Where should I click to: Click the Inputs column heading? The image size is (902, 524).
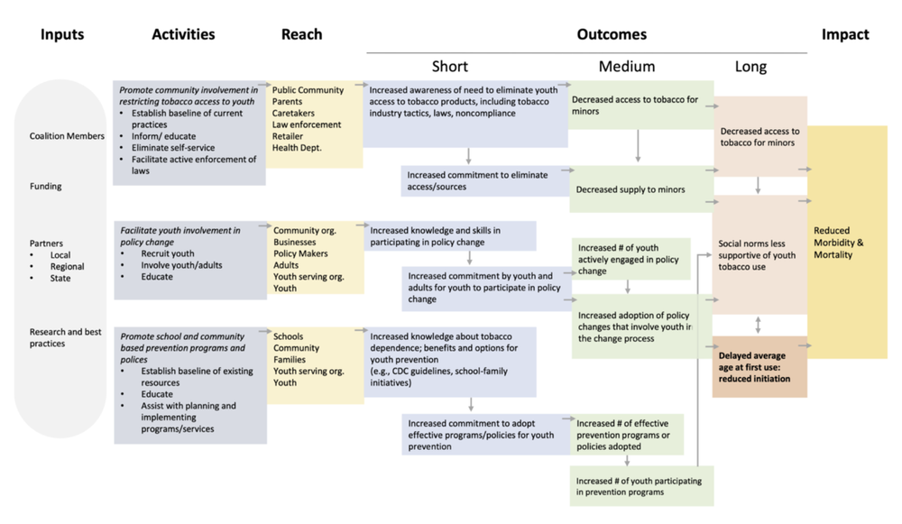click(x=62, y=34)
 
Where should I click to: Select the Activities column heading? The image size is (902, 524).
click(x=183, y=34)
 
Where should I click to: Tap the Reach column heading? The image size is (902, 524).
click(x=301, y=34)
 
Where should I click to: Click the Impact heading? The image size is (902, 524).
click(x=845, y=34)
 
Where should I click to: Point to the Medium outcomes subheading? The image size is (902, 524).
click(x=627, y=67)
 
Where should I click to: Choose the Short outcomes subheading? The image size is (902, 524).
click(x=450, y=67)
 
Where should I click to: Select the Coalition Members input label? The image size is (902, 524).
click(x=66, y=136)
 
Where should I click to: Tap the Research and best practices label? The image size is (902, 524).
click(x=65, y=337)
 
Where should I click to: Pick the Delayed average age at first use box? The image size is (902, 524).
click(x=758, y=367)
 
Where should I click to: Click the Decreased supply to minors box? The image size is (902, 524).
click(x=630, y=189)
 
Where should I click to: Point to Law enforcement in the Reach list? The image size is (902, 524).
click(x=307, y=124)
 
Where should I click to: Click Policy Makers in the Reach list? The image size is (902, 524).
click(x=300, y=253)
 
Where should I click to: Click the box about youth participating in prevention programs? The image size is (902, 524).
click(x=640, y=486)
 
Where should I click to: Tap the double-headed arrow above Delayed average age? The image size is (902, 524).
click(x=759, y=325)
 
